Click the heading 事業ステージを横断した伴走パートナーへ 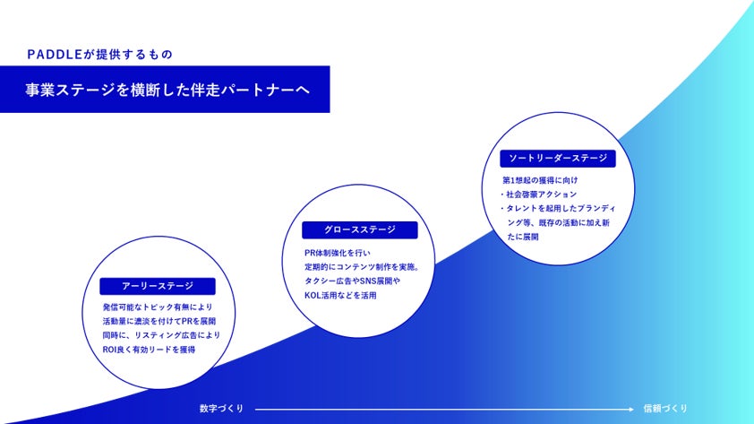pyautogui.click(x=162, y=92)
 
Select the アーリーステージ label pyautogui.click(x=157, y=286)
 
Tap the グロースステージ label pyautogui.click(x=359, y=230)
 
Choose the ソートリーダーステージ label pyautogui.click(x=558, y=159)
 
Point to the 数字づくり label pyautogui.click(x=221, y=409)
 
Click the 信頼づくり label pyautogui.click(x=665, y=409)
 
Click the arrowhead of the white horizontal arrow pyautogui.click(x=625, y=409)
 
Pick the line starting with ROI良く pyautogui.click(x=150, y=350)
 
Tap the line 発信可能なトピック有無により pyautogui.click(x=158, y=307)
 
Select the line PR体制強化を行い pyautogui.click(x=330, y=252)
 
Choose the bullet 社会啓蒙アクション pyautogui.click(x=540, y=194)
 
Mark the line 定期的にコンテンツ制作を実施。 pyautogui.click(x=362, y=266)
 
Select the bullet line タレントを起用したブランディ pyautogui.click(x=564, y=208)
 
